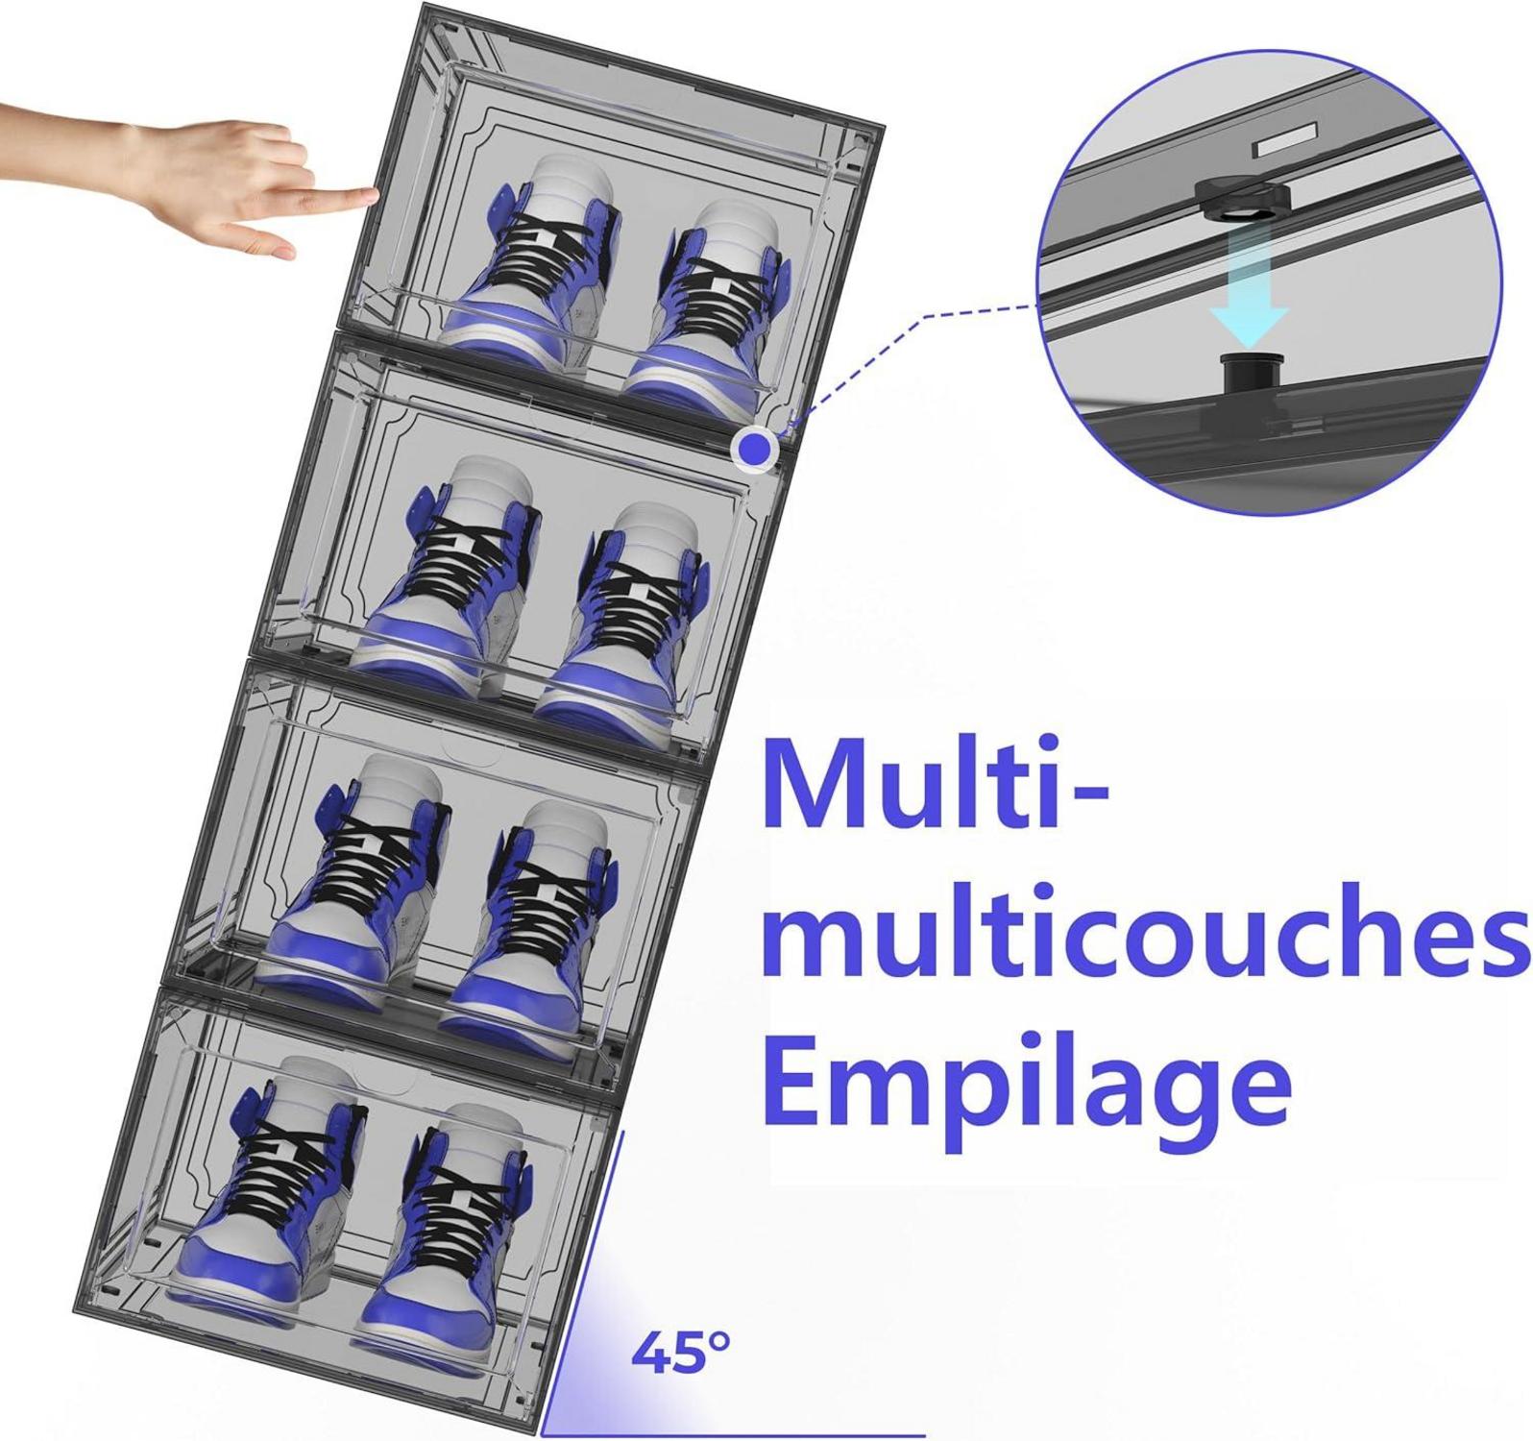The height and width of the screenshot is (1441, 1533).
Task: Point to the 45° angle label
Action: click(681, 1352)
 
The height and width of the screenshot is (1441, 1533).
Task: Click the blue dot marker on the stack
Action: click(757, 448)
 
